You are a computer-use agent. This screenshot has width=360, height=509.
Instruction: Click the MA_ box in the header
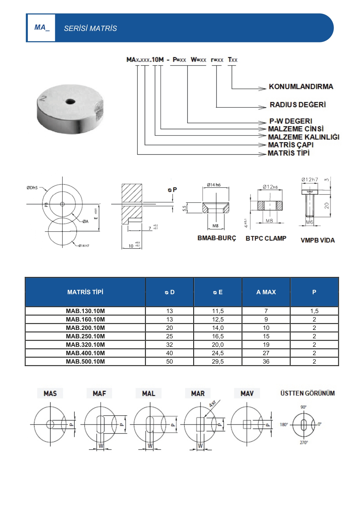pyautogui.click(x=41, y=28)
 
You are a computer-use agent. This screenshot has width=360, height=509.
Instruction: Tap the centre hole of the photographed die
pyautogui.click(x=70, y=102)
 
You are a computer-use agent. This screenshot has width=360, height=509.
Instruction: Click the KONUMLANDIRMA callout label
pyautogui.click(x=301, y=86)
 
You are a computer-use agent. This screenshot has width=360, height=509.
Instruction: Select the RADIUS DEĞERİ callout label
pyautogui.click(x=298, y=104)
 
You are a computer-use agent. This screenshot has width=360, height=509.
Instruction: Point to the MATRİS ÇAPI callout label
pyautogui.click(x=290, y=145)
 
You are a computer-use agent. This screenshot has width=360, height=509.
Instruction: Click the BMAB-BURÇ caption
pyautogui.click(x=217, y=238)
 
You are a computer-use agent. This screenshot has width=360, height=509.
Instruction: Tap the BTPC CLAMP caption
pyautogui.click(x=266, y=238)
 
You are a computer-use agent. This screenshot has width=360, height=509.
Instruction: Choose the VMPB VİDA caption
pyautogui.click(x=317, y=240)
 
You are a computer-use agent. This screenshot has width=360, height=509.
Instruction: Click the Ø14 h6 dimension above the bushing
pyautogui.click(x=214, y=185)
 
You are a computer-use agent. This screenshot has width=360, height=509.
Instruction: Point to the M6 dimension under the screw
pyautogui.click(x=310, y=222)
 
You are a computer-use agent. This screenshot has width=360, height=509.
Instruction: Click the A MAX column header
pyautogui.click(x=266, y=292)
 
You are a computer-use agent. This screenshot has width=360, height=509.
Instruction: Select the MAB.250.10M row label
pyautogui.click(x=85, y=336)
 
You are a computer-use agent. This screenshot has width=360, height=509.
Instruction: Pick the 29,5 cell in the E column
pyautogui.click(x=218, y=362)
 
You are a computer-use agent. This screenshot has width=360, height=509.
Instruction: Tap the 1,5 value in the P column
pyautogui.click(x=314, y=311)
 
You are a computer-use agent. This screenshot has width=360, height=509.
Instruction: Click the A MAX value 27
pyautogui.click(x=266, y=353)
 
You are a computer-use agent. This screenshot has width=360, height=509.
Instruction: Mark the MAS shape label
pyautogui.click(x=50, y=394)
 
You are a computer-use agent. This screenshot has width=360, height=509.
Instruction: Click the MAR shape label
pyautogui.click(x=198, y=394)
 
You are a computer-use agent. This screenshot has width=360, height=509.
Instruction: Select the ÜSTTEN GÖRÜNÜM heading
pyautogui.click(x=307, y=393)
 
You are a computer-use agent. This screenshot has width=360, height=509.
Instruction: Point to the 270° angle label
pyautogui.click(x=304, y=443)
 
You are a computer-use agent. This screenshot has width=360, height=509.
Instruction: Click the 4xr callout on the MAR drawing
pyautogui.click(x=212, y=404)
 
